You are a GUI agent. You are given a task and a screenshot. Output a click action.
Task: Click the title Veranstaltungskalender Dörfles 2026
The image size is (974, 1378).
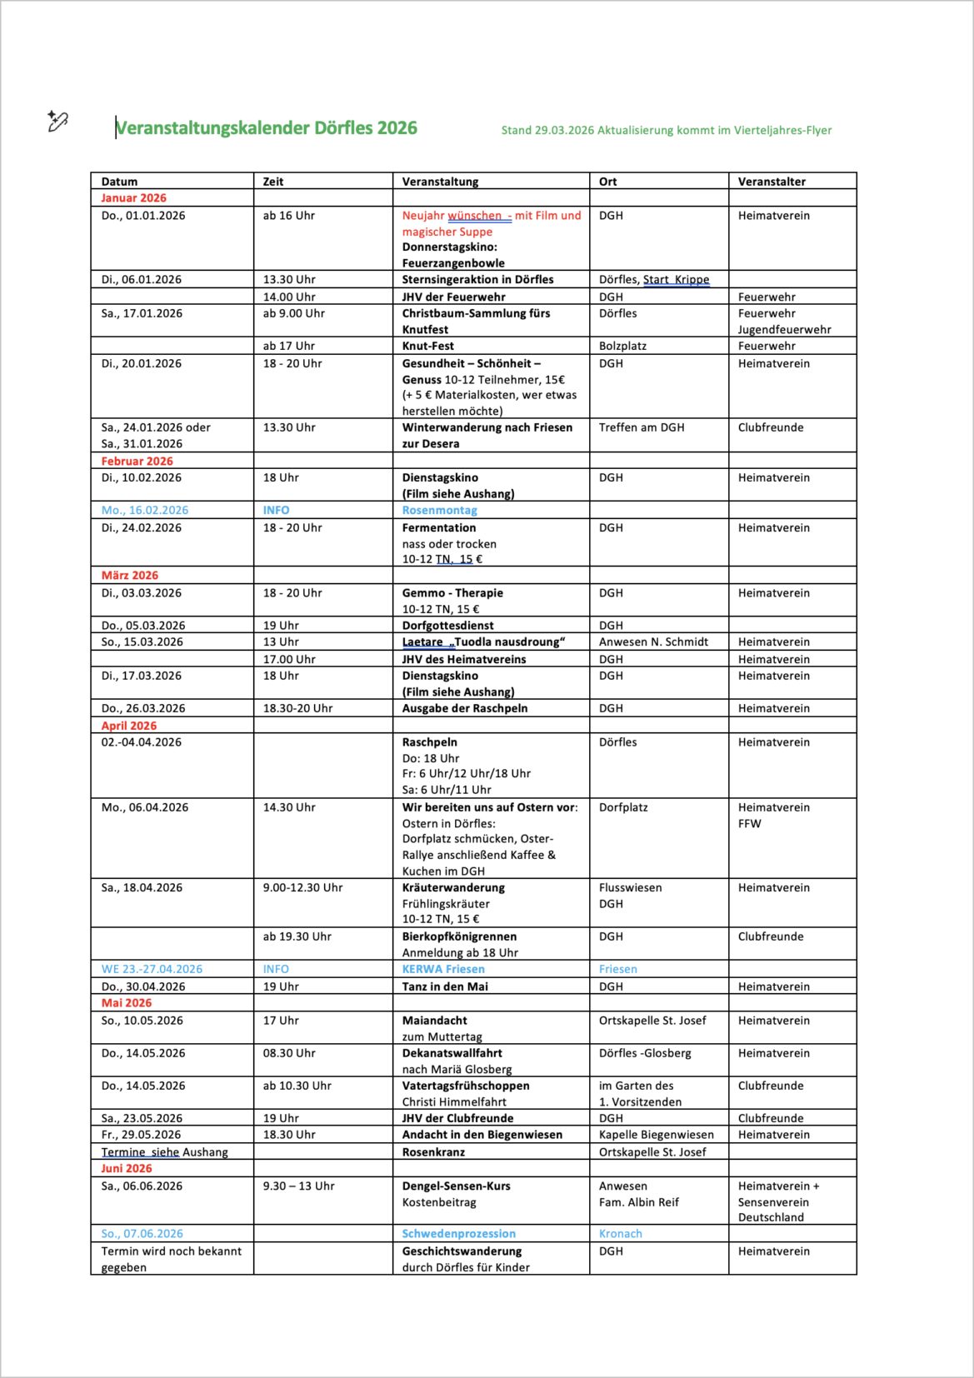(x=267, y=128)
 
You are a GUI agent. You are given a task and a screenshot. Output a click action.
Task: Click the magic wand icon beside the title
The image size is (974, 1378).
(x=57, y=122)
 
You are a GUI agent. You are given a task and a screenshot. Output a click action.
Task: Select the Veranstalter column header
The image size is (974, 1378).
(x=772, y=182)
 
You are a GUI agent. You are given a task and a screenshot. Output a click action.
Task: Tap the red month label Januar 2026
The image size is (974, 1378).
(x=133, y=198)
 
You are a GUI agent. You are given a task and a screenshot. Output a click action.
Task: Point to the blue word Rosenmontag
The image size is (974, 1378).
(x=439, y=510)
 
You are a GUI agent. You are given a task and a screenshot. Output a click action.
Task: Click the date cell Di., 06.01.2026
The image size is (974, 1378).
(x=141, y=280)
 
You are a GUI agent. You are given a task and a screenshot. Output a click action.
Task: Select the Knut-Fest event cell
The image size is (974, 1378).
(x=428, y=346)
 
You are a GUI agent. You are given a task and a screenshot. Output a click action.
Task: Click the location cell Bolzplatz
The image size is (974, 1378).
(x=622, y=346)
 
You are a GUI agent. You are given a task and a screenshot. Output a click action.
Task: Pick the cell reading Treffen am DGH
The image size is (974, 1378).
(x=642, y=427)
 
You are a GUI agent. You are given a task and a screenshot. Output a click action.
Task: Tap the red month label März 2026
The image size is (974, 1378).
(x=129, y=576)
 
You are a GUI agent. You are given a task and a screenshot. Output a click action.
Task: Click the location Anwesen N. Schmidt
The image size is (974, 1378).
(x=653, y=642)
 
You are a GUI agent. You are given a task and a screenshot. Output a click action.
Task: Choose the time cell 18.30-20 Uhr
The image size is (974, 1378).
(x=297, y=708)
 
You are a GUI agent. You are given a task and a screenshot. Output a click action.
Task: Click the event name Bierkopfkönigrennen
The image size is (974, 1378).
(x=459, y=936)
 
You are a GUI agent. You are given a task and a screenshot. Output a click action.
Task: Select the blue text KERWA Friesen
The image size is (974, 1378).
(x=443, y=969)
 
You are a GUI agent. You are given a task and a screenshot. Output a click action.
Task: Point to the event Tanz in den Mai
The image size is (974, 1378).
(x=445, y=986)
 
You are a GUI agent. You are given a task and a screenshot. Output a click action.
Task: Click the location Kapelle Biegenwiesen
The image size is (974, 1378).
(x=657, y=1135)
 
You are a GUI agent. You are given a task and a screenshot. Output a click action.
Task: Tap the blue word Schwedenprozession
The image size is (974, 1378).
(x=459, y=1234)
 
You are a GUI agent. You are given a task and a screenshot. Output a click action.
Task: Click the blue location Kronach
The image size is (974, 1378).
(x=621, y=1234)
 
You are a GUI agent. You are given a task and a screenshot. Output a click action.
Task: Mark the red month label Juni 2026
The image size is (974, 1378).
(x=127, y=1169)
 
